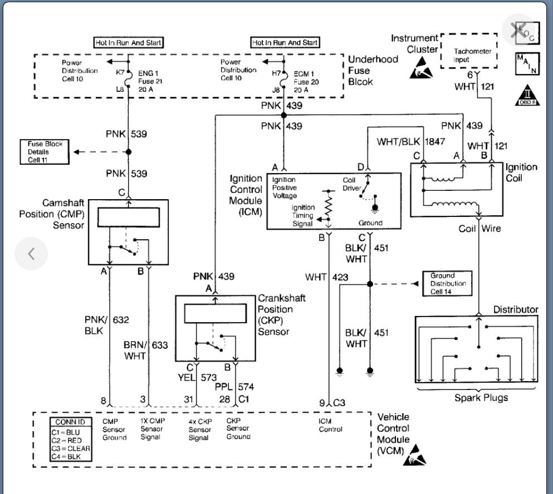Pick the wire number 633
pyautogui.click(x=159, y=345)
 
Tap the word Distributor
pyautogui.click(x=515, y=309)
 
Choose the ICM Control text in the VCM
pyautogui.click(x=330, y=425)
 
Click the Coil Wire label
pyautogui.click(x=480, y=229)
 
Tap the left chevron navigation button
pyautogui.click(x=31, y=253)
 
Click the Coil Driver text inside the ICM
pyautogui.click(x=353, y=184)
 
